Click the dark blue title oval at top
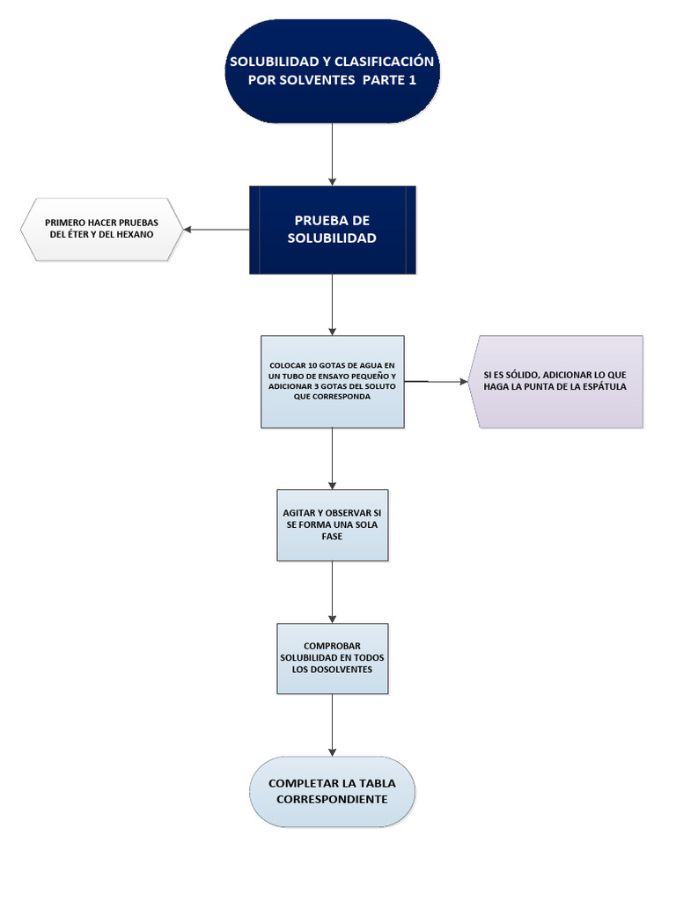(x=332, y=70)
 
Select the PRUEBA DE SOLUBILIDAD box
(x=332, y=230)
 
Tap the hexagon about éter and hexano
(x=101, y=229)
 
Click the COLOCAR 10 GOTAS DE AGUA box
(x=332, y=382)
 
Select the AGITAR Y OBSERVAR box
(x=332, y=524)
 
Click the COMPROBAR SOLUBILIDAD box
(x=332, y=658)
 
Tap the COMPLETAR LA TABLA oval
(x=332, y=791)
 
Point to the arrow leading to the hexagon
(x=216, y=230)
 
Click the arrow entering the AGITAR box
(x=332, y=458)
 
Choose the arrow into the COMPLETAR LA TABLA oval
(x=332, y=725)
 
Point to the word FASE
(x=332, y=536)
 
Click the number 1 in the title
(x=411, y=79)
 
